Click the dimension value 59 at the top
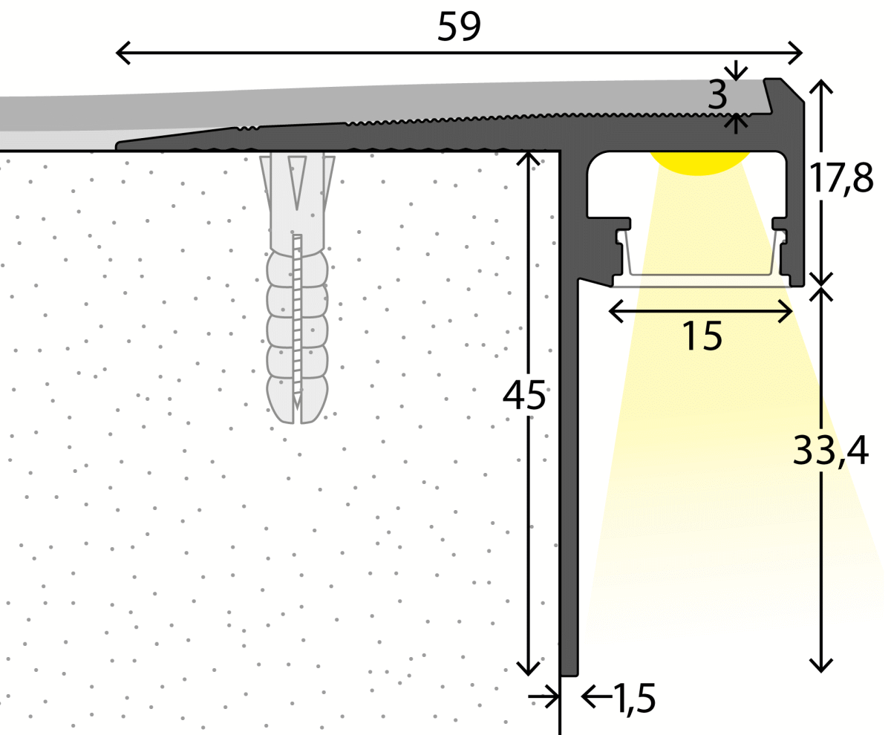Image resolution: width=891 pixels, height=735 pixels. point(459,27)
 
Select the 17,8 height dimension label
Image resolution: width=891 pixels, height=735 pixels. point(841,178)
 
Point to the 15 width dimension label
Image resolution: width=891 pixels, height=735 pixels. point(701,336)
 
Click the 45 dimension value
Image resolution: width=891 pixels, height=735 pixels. point(524,395)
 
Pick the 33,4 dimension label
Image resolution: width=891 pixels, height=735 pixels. point(830,450)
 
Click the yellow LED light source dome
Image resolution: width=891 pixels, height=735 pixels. point(699,163)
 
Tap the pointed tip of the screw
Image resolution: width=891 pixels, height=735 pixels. point(297,405)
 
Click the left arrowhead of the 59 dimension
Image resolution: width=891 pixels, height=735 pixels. point(121,53)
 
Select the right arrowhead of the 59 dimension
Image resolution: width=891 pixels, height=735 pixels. point(799,53)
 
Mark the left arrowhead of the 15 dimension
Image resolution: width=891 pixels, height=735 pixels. point(613,312)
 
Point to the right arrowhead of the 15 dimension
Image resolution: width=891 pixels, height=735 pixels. point(789,312)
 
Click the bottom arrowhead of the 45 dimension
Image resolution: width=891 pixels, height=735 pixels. point(528,670)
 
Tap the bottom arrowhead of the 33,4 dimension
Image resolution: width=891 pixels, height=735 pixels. point(821,667)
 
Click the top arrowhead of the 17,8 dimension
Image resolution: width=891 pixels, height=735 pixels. point(821,84)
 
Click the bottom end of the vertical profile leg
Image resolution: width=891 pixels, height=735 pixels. point(569,674)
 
